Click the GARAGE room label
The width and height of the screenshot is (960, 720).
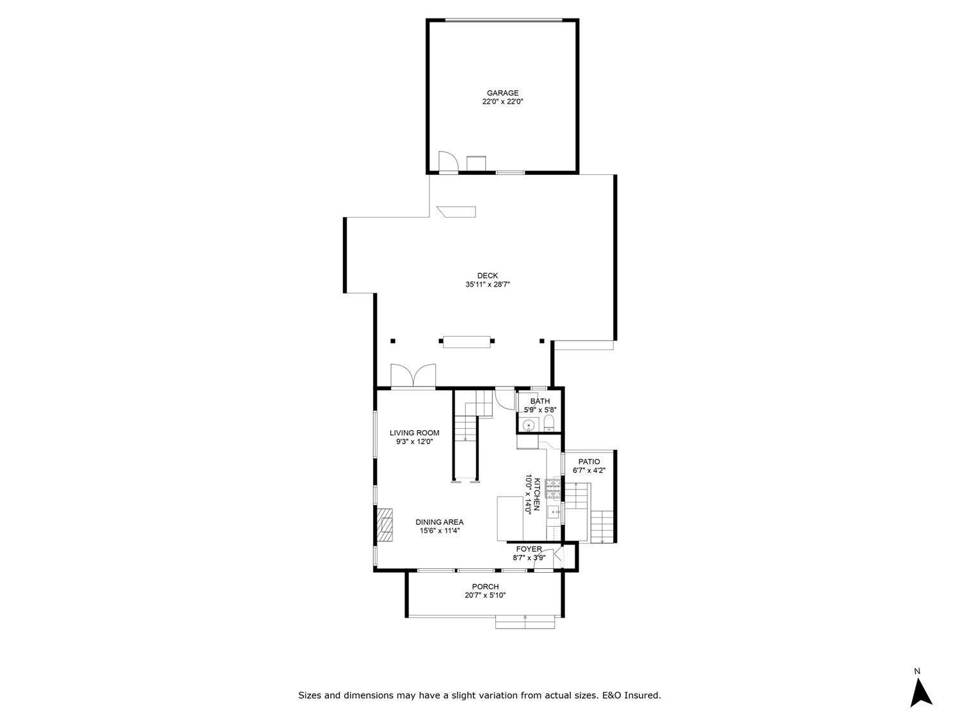[x=502, y=93]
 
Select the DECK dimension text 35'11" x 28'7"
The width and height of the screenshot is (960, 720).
[x=487, y=285]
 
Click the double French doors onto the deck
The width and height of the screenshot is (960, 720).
[x=413, y=376]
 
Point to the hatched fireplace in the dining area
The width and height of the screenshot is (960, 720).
[x=384, y=525]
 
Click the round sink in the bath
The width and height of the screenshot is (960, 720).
[x=529, y=425]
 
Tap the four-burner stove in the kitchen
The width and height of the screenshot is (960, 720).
[x=553, y=489]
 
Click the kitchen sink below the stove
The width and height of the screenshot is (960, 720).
[x=553, y=512]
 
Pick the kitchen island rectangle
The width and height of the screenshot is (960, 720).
[x=510, y=518]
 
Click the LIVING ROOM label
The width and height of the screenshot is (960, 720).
[x=414, y=433]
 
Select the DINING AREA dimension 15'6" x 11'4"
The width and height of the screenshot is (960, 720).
[x=440, y=531]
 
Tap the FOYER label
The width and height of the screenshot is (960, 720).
[x=529, y=549]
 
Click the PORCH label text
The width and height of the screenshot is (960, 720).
[x=485, y=587]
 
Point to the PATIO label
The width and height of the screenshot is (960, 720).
[x=589, y=461]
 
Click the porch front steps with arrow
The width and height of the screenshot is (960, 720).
[x=525, y=621]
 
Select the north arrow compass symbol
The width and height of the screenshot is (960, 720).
[x=920, y=692]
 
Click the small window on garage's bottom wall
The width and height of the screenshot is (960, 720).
[x=510, y=172]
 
